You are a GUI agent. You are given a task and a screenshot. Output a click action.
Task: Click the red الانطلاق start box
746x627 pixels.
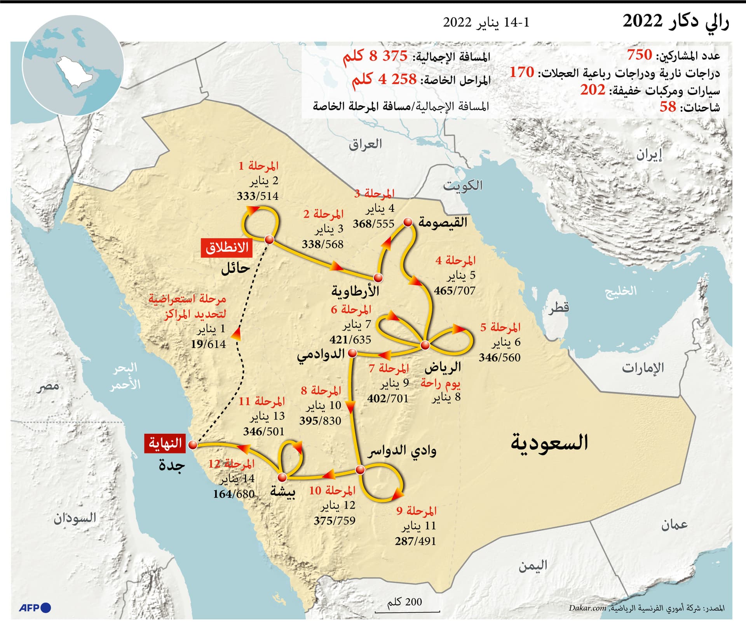(x=227, y=248)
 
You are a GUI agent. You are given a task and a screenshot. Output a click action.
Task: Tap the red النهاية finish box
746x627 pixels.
(x=165, y=443)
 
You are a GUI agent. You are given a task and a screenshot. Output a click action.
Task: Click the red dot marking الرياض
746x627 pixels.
(x=425, y=345)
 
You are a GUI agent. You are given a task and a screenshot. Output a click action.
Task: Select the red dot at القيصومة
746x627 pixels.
(x=408, y=222)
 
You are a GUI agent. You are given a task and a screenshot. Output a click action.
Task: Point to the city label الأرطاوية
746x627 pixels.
(x=355, y=291)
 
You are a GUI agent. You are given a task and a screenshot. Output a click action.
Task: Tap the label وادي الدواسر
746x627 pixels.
(x=402, y=451)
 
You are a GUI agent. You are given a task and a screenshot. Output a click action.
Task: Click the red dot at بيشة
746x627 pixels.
(x=282, y=477)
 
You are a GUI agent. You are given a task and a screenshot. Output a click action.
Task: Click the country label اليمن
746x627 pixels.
(x=532, y=566)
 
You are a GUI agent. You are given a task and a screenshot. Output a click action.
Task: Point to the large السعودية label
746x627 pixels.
(x=549, y=442)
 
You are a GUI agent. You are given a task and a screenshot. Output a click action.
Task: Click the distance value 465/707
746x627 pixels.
(x=455, y=290)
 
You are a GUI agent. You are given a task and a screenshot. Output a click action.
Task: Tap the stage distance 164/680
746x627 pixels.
(x=234, y=494)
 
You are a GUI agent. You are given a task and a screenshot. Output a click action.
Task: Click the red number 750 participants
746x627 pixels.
(x=639, y=55)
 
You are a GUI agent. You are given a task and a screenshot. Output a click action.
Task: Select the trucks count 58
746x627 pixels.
(x=668, y=106)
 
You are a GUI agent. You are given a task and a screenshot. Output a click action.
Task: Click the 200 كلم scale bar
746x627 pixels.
(x=407, y=606)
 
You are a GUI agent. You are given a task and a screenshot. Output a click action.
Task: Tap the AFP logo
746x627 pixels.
(x=35, y=608)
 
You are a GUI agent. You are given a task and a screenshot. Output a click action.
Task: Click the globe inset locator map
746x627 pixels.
(x=73, y=66)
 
